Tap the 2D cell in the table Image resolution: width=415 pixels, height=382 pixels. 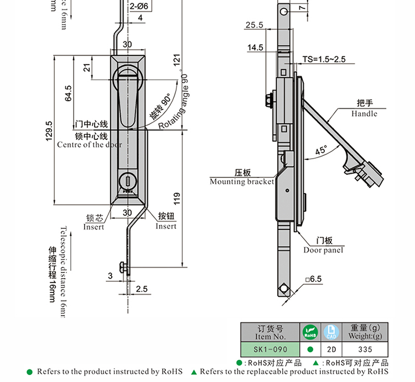[331, 350]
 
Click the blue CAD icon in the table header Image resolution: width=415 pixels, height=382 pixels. [331, 332]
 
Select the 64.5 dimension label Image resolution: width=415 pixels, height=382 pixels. [69, 93]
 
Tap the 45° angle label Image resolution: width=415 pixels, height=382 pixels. [321, 149]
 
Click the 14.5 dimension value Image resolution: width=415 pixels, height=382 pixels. [256, 48]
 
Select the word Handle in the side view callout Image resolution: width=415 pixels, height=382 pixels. [364, 114]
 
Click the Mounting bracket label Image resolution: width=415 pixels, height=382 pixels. [242, 181]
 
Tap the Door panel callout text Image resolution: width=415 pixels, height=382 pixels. [324, 250]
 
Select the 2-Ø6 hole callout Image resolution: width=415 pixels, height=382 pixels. [138, 6]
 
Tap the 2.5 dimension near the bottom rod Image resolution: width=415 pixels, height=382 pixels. [141, 289]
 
